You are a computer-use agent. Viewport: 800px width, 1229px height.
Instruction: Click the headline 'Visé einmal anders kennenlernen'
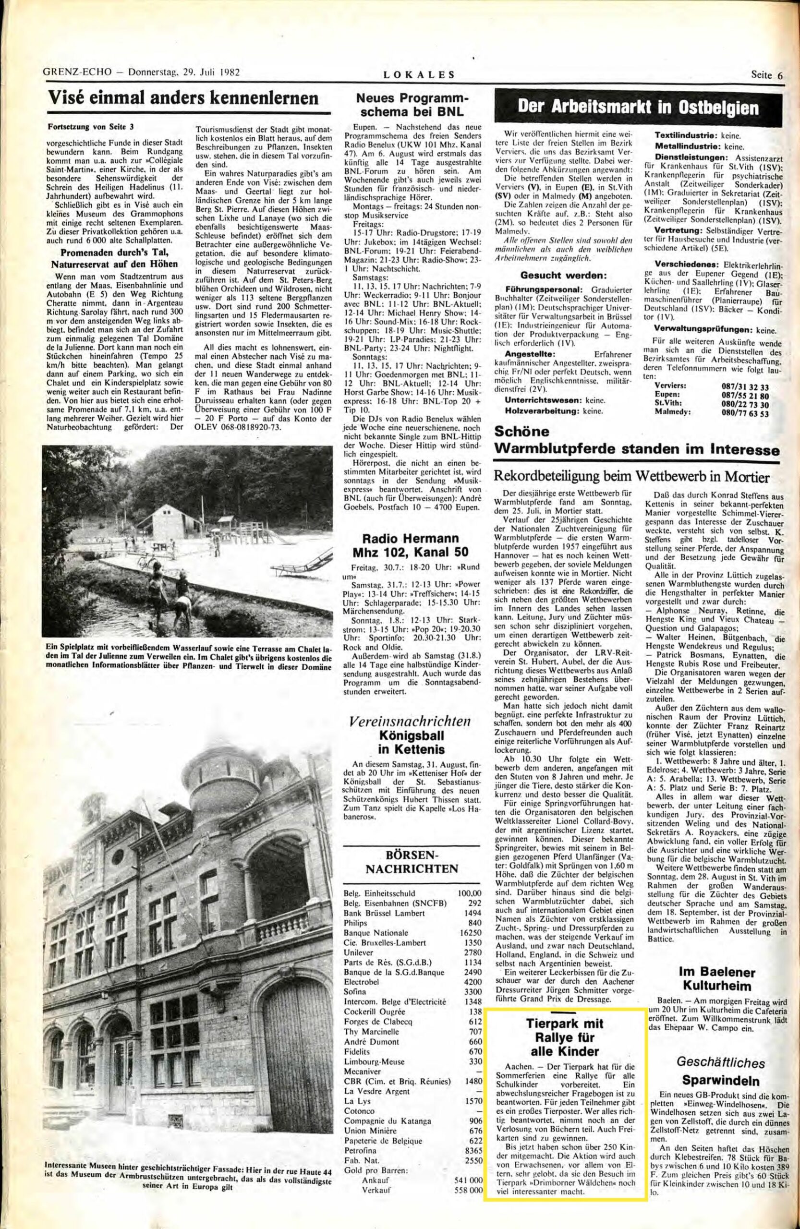click(183, 98)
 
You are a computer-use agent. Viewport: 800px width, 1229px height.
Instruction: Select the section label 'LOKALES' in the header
click(419, 74)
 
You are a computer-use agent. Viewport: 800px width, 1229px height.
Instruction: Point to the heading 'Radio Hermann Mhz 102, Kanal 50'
click(411, 545)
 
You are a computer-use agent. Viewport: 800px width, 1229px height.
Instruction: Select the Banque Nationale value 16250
click(470, 933)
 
